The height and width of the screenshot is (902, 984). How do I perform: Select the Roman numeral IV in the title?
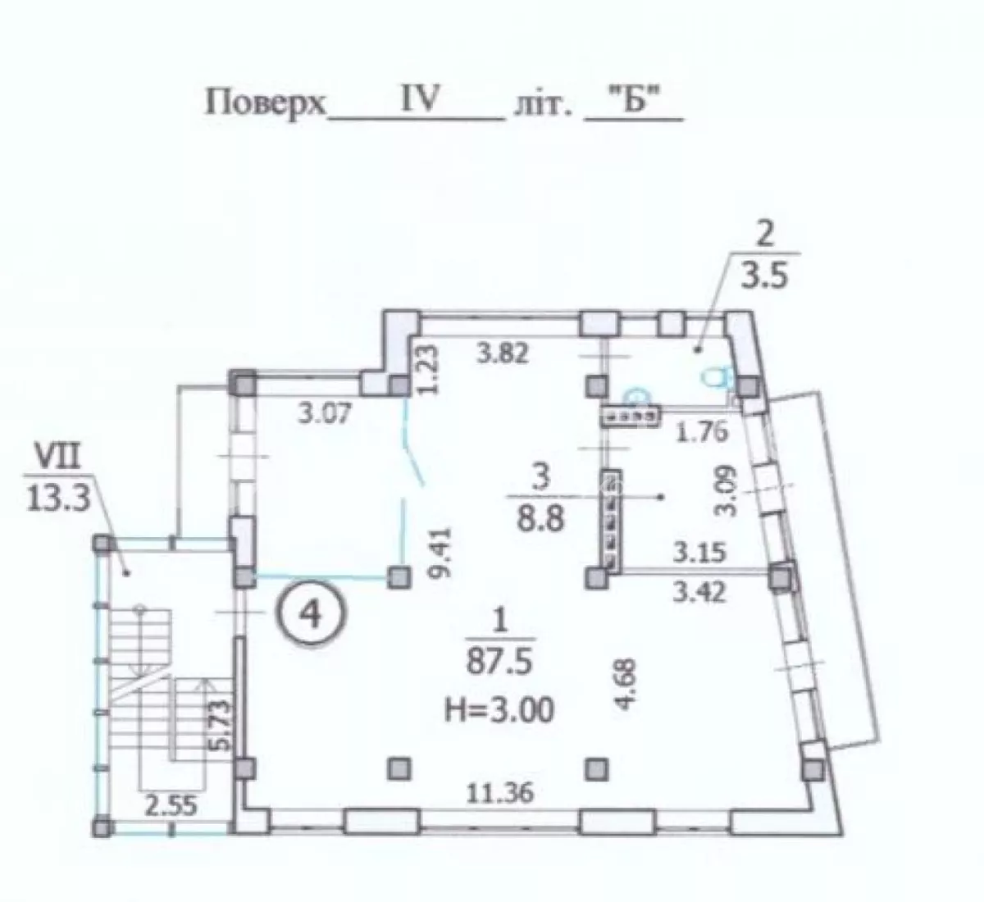[418, 98]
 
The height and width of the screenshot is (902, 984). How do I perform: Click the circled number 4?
[312, 614]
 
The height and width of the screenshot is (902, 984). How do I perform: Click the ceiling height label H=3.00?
[499, 709]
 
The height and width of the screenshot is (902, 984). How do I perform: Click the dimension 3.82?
[503, 353]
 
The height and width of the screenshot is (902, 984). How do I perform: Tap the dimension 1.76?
[701, 432]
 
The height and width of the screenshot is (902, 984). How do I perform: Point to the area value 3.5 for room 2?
[765, 276]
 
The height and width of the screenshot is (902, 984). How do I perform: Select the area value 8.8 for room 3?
[540, 519]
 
